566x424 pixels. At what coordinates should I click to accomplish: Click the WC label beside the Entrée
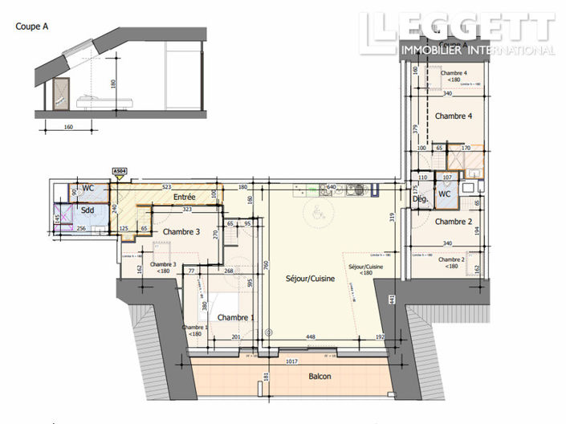tap(88, 188)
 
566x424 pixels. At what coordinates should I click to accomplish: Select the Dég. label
tap(420, 198)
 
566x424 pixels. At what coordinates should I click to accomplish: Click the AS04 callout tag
tap(119, 171)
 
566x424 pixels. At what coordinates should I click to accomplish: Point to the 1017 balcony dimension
tap(295, 361)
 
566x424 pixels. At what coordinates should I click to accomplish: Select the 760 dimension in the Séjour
tap(263, 266)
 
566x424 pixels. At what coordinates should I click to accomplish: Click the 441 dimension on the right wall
tap(392, 300)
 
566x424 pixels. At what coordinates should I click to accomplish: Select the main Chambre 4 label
tap(453, 116)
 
